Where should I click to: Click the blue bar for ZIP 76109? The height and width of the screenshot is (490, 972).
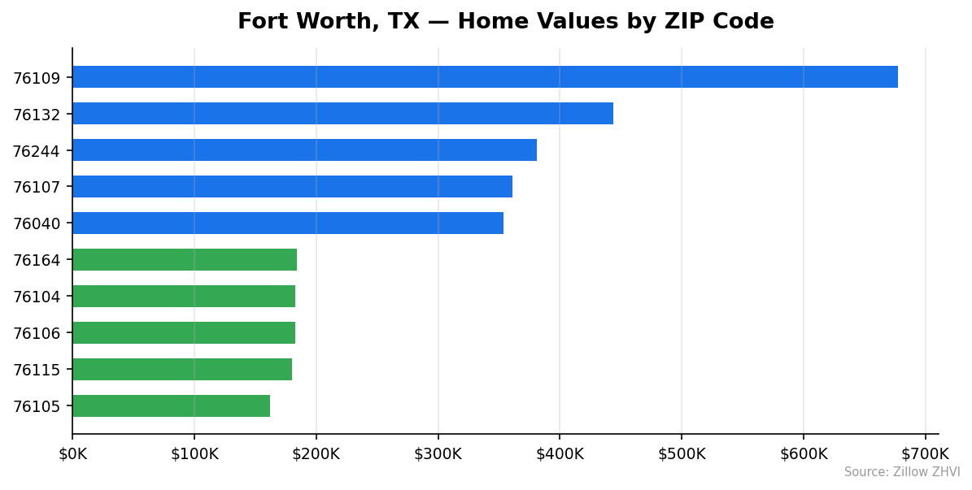click(485, 77)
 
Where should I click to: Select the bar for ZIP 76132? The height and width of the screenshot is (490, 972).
click(342, 114)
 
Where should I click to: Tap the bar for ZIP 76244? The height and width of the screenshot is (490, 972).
click(304, 150)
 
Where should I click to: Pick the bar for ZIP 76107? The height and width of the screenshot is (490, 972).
click(292, 187)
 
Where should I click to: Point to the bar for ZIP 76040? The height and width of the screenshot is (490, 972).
click(288, 223)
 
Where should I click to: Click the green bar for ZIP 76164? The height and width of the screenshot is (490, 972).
click(185, 260)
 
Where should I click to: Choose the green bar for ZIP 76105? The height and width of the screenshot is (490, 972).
click(171, 406)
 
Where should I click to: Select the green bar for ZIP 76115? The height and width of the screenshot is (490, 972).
click(182, 370)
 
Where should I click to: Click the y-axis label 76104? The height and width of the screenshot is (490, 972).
click(37, 297)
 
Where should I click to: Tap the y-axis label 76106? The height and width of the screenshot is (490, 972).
click(37, 333)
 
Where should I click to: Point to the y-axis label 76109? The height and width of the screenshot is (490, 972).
click(37, 78)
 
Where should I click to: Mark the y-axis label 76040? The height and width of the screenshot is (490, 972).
click(37, 223)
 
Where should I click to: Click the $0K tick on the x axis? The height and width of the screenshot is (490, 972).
click(72, 453)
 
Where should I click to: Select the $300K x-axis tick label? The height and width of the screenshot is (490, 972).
click(438, 453)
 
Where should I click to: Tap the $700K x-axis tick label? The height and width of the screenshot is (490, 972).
click(925, 453)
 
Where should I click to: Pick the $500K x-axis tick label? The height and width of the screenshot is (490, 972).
click(682, 453)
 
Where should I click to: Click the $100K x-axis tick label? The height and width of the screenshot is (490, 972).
click(194, 453)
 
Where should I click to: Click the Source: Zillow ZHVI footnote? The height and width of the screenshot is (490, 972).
click(901, 472)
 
